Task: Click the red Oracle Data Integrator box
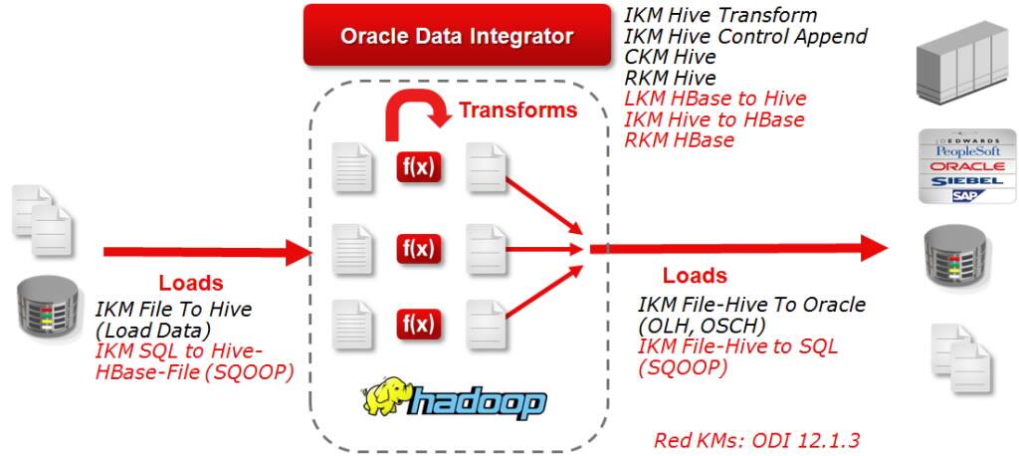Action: (x=457, y=37)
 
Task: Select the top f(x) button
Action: (x=418, y=167)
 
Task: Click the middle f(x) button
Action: (x=418, y=246)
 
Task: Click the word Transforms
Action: (x=517, y=110)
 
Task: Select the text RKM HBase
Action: (x=679, y=140)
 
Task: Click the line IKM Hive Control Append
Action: (x=745, y=37)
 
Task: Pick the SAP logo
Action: (x=961, y=197)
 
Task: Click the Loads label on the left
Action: (x=191, y=283)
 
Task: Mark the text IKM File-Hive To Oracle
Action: (x=751, y=305)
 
